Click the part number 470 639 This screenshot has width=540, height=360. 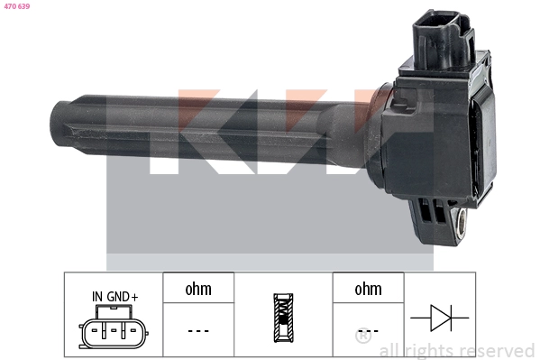point(18,6)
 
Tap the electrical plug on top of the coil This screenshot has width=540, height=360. point(443,41)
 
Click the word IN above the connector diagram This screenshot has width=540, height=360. point(97,296)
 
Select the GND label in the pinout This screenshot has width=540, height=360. point(117,296)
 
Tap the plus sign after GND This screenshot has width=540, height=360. point(135,296)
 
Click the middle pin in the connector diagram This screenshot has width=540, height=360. point(113,332)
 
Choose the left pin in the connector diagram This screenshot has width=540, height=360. point(96,332)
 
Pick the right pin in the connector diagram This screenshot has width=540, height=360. point(129,332)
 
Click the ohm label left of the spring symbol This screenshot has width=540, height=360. point(198,289)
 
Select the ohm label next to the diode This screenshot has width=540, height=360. point(368,289)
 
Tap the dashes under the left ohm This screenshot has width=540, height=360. point(198,331)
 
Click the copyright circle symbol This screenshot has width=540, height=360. point(363,338)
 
